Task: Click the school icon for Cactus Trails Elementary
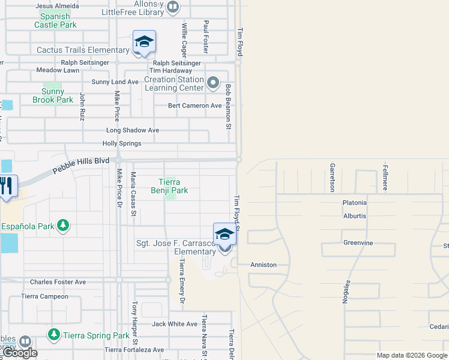[144, 42]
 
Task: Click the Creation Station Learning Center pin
[213, 82]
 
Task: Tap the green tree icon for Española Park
[62, 226]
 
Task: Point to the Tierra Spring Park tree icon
[54, 334]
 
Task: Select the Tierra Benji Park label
[173, 186]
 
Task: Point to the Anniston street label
[263, 265]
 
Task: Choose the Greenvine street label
[358, 243]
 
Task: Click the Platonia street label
[354, 203]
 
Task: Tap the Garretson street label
[331, 177]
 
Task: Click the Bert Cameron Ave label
[195, 106]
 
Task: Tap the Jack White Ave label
[174, 324]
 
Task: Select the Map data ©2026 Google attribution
[412, 355]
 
